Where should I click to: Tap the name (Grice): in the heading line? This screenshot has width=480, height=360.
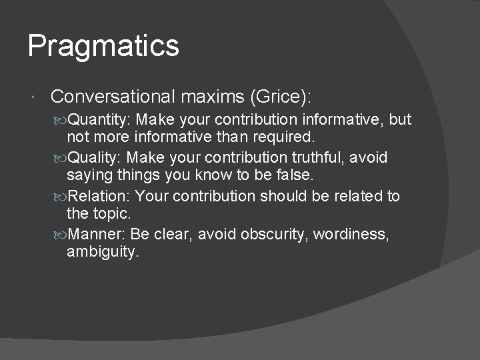tap(280, 97)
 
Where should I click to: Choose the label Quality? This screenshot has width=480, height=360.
tap(96, 158)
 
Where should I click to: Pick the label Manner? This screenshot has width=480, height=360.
tap(97, 234)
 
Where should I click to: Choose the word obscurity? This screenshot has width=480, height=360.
tap(273, 234)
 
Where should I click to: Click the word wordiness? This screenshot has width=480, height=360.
tap(351, 234)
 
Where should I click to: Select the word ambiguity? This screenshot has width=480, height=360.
tap(102, 253)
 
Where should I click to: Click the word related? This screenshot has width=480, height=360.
tap(356, 196)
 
